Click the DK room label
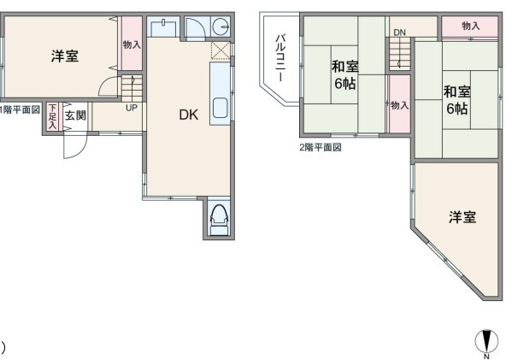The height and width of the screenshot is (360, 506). (189, 115)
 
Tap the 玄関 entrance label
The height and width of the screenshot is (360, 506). (75, 115)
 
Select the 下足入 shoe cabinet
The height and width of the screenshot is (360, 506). (52, 116)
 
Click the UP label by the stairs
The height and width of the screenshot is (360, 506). (132, 108)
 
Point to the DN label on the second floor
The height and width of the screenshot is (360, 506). (399, 32)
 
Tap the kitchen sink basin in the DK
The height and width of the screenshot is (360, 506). (221, 108)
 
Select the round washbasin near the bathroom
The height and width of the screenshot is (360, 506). (221, 26)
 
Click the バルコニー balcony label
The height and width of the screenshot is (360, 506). (280, 57)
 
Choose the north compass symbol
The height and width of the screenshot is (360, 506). (486, 341)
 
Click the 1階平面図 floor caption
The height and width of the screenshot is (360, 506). (20, 109)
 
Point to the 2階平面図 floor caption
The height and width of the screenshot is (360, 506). (321, 148)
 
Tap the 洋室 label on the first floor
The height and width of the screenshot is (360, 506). (65, 56)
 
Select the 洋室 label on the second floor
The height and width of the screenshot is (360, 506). (462, 217)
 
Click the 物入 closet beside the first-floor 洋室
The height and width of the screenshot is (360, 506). (132, 44)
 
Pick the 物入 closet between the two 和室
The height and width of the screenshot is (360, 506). (400, 104)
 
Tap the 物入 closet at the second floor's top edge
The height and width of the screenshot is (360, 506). (470, 27)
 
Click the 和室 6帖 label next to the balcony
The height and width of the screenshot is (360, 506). (345, 75)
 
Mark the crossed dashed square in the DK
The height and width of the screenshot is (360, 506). (221, 50)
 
